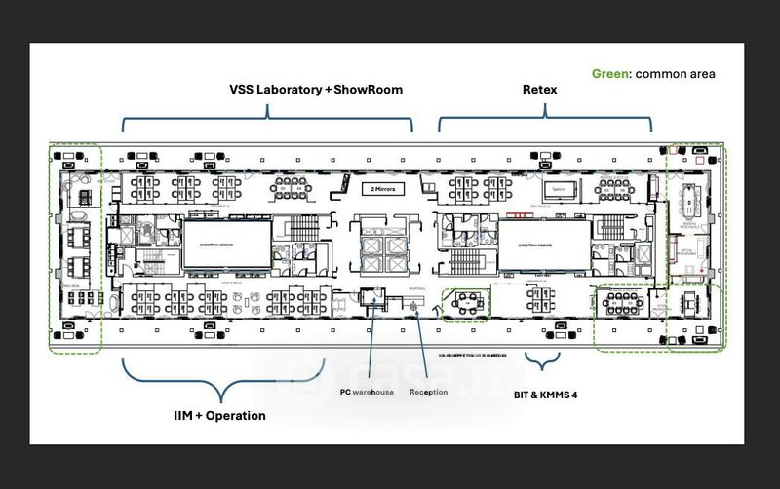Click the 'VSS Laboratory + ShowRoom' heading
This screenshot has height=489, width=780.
pos(316,90)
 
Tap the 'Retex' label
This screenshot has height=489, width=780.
pos(538,90)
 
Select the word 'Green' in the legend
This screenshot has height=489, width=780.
pos(611,74)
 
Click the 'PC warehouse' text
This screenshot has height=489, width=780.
pos(366,392)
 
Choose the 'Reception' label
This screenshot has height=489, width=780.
pos(429,392)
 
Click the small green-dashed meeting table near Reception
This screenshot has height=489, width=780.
pos(466,305)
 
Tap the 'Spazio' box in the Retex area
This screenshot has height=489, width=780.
pos(559,190)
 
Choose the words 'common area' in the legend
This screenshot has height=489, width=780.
pos(675,74)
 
